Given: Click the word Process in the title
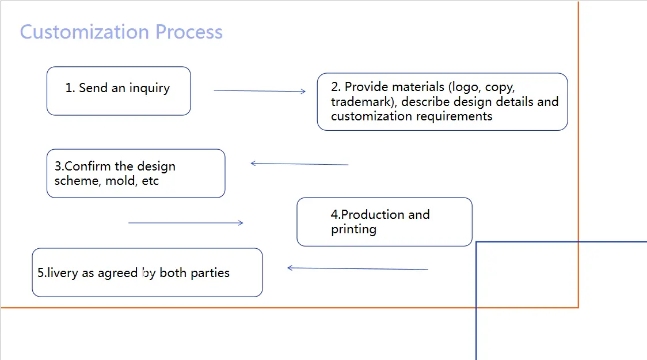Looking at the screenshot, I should (x=189, y=32).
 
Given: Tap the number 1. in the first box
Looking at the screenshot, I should (x=70, y=88).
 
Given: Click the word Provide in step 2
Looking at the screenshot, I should (x=367, y=88).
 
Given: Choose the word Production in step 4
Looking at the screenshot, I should (x=365, y=215).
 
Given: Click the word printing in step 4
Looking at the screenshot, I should (x=353, y=229).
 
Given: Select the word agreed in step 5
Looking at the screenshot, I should (x=117, y=273).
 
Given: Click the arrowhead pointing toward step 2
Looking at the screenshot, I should (x=303, y=91).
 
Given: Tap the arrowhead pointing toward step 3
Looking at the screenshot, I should (x=253, y=164).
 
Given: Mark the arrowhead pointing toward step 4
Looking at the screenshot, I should (x=241, y=223).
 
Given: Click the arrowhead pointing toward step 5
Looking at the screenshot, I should (x=290, y=268).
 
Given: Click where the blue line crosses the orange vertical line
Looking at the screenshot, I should (x=578, y=242).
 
